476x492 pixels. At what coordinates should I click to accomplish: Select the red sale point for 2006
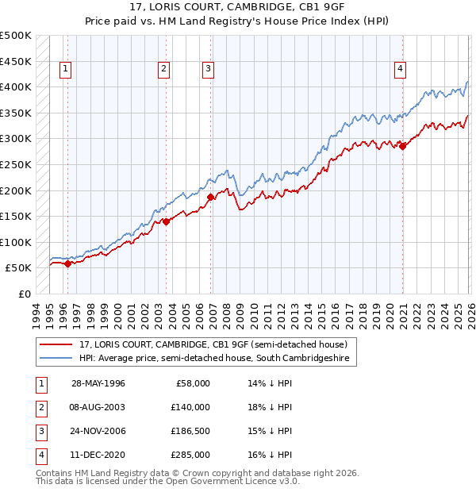[210, 197]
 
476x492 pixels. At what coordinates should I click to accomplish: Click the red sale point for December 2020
[402, 146]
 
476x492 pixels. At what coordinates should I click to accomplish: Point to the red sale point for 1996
[67, 264]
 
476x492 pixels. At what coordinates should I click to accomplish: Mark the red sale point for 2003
[166, 221]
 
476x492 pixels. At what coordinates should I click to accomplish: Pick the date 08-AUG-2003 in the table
[98, 407]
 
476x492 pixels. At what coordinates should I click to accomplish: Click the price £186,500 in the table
[190, 431]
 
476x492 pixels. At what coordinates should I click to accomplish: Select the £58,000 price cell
[190, 383]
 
